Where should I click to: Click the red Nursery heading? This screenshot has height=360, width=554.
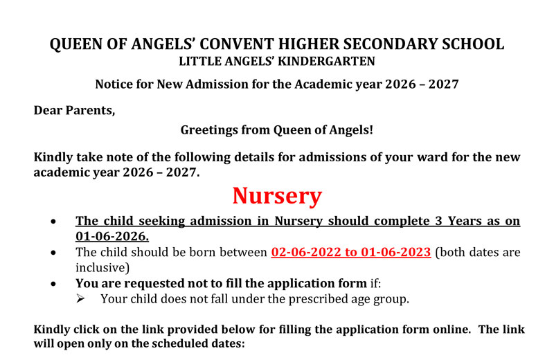(x=277, y=196)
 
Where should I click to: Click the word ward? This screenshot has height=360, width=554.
(x=411, y=157)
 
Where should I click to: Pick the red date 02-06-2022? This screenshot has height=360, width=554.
(x=307, y=252)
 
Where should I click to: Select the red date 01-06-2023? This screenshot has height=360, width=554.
(x=393, y=252)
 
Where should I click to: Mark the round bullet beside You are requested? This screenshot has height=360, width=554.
(x=55, y=284)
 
